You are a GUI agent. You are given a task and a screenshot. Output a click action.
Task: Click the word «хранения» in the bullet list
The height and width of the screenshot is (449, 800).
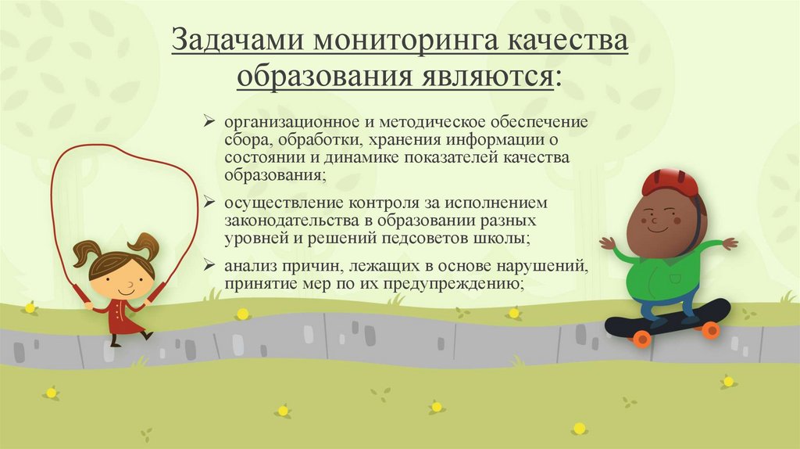[x=403, y=141]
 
